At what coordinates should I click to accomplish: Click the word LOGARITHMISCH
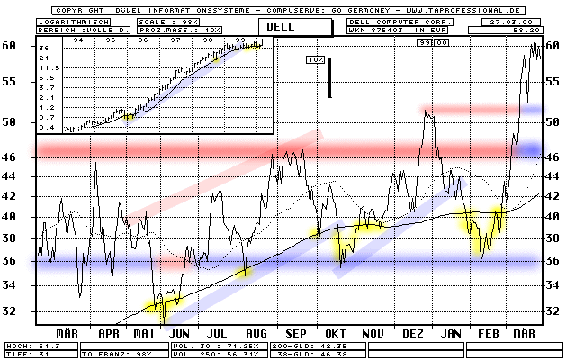pos(67,20)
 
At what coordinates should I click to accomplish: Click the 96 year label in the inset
pos(142,40)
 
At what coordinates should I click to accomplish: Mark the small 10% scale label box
pos(315,59)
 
